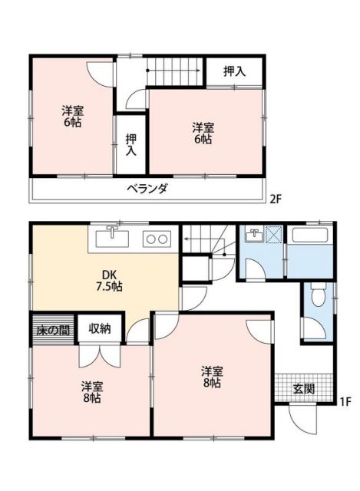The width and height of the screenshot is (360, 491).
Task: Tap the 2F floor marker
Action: click(276, 199)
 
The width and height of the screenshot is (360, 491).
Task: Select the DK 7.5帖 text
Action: click(107, 281)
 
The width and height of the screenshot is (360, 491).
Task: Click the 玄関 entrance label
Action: click(304, 388)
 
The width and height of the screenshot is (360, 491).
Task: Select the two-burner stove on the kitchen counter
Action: click(157, 239)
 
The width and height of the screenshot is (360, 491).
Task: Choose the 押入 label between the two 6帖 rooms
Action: click(130, 144)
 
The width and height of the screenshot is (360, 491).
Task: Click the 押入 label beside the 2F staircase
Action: click(234, 72)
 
